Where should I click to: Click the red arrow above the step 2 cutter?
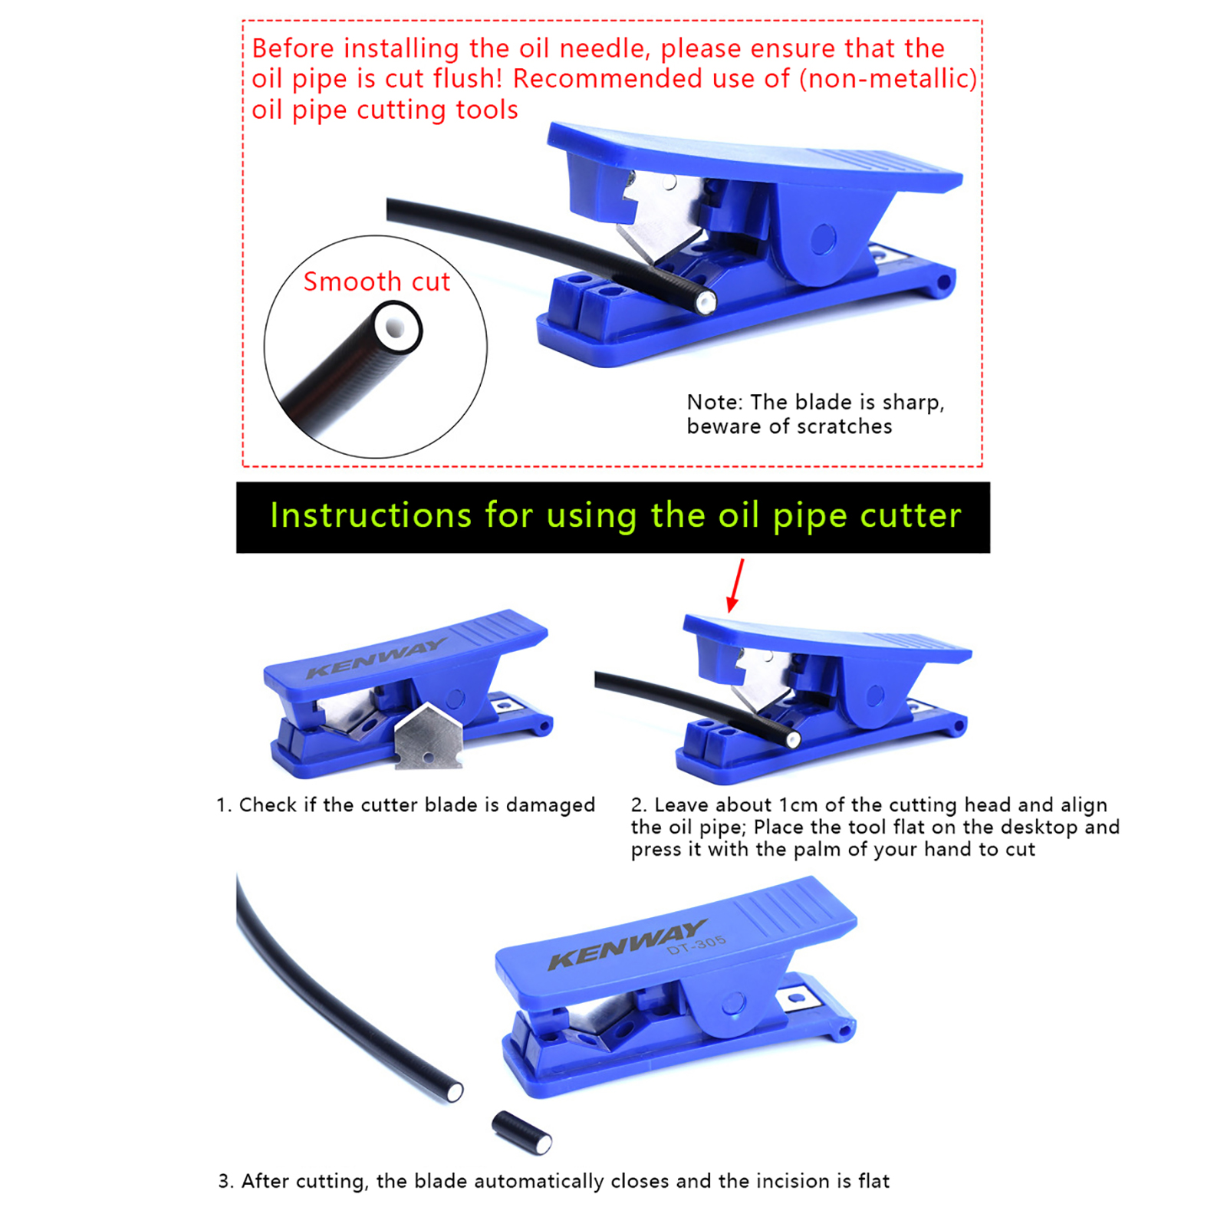point(735,585)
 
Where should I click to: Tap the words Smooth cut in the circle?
point(377,281)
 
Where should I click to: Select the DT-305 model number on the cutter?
point(696,944)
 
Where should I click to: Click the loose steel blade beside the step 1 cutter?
point(429,735)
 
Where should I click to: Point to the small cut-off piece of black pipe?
point(521,1133)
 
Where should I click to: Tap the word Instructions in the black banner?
point(370,515)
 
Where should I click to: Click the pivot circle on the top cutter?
point(823,238)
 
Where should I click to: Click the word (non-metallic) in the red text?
point(888,79)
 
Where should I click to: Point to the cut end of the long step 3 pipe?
point(454,1090)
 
